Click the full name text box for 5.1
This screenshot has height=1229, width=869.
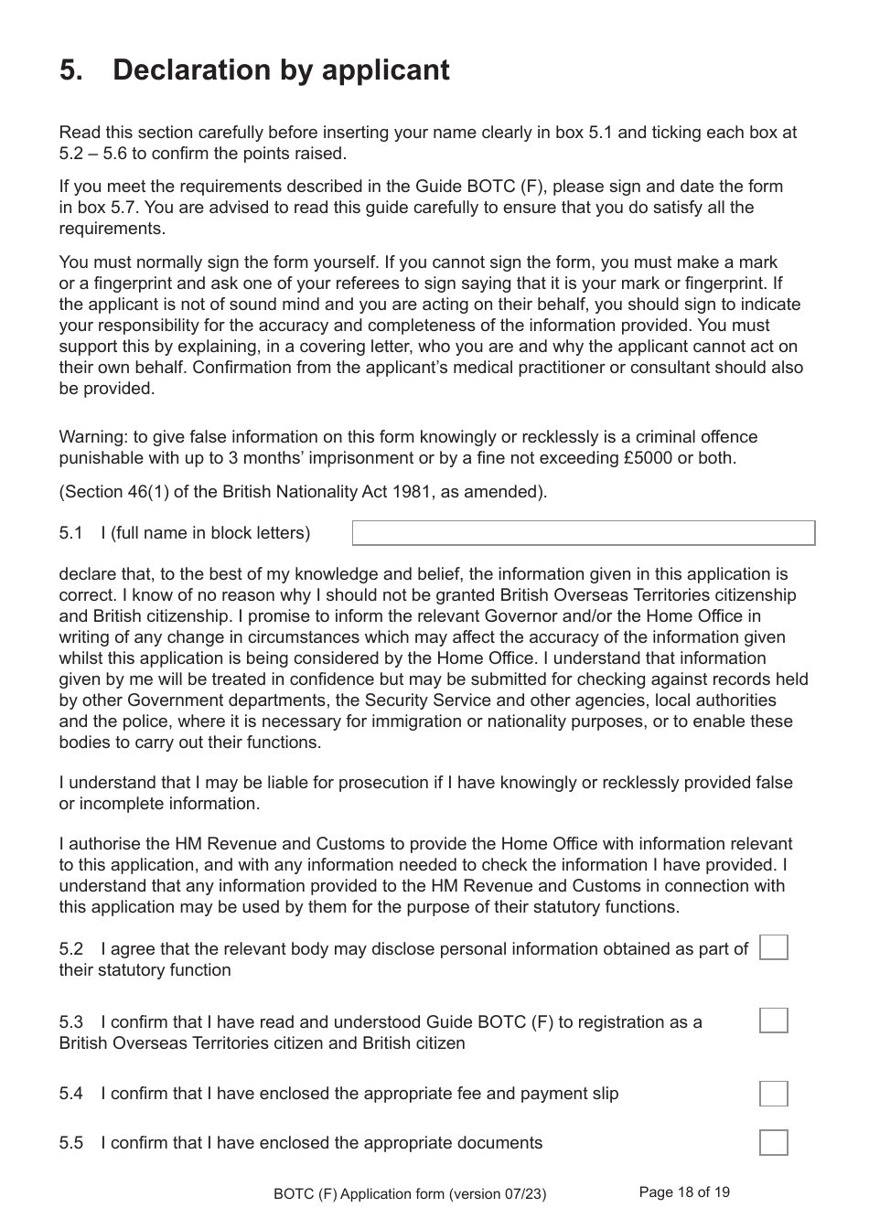(x=584, y=533)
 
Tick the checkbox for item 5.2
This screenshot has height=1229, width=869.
(x=773, y=947)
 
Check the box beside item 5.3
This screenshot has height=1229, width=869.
(x=773, y=1021)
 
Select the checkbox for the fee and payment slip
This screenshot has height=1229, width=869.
(x=773, y=1094)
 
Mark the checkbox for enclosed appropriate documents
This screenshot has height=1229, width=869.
(x=773, y=1143)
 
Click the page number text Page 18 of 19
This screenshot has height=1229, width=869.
(x=684, y=1192)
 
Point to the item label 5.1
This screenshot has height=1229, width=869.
(x=70, y=533)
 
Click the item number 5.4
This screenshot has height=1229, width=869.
(x=70, y=1094)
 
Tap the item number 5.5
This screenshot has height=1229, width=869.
(x=70, y=1143)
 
